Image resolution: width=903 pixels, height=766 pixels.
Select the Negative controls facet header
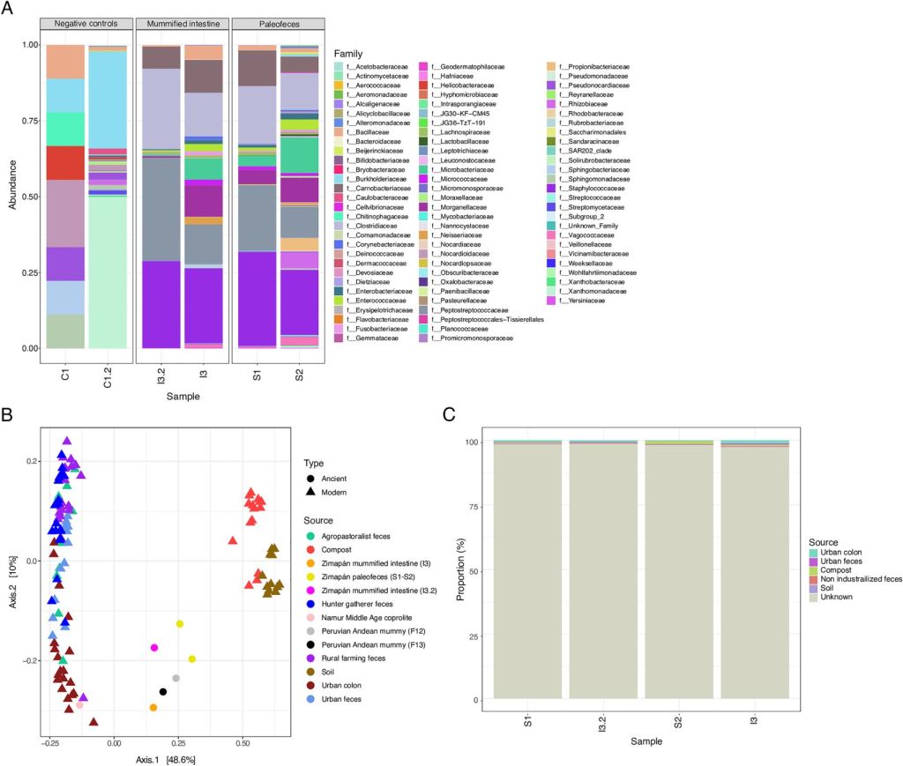tap(86, 22)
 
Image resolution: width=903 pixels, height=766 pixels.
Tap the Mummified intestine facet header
tap(181, 22)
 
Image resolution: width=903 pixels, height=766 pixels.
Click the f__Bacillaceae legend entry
tap(371, 131)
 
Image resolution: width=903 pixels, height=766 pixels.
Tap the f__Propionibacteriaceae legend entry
tap(600, 65)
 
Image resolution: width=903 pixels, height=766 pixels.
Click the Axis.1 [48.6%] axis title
tap(165, 757)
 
